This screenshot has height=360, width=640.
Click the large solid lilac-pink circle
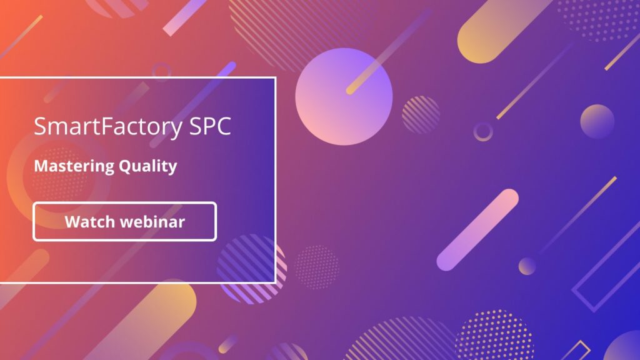click(x=344, y=97)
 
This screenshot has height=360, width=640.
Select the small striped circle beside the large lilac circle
click(x=421, y=114)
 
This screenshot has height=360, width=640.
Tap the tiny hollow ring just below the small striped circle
click(x=482, y=131)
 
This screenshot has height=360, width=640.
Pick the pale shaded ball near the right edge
click(x=597, y=121)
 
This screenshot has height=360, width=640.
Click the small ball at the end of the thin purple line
click(x=527, y=266)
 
